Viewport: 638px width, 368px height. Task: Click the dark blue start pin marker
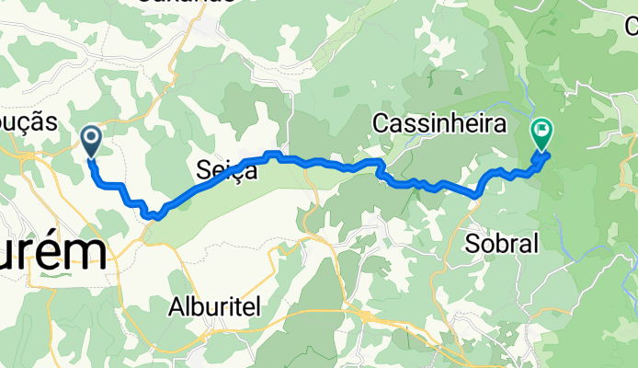coord(92,142)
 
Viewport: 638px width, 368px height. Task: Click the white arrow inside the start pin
coord(92,138)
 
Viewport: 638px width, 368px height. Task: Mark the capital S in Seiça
coord(203,169)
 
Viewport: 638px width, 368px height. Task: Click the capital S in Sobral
coord(473,243)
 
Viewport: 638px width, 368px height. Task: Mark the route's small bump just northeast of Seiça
coord(272,153)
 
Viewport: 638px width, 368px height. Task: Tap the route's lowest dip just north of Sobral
coord(477,194)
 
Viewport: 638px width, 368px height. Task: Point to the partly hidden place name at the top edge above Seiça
coord(189,3)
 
